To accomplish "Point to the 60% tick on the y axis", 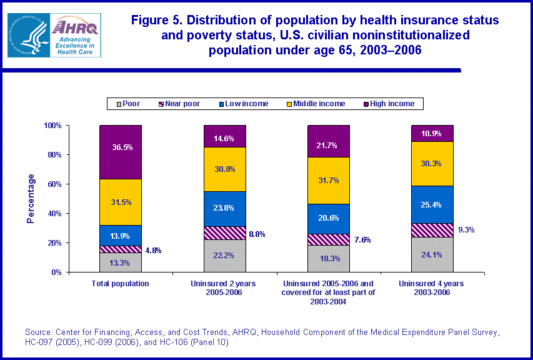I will (54, 184).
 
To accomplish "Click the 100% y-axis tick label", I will (52, 126).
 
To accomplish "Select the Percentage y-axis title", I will (31, 199).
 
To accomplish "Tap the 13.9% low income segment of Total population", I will (121, 235).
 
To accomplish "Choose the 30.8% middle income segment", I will (224, 169).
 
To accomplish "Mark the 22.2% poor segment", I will (224, 256).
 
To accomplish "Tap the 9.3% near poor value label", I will (467, 230).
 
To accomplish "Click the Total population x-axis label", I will (121, 284).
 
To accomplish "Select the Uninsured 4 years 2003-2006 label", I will (432, 288).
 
